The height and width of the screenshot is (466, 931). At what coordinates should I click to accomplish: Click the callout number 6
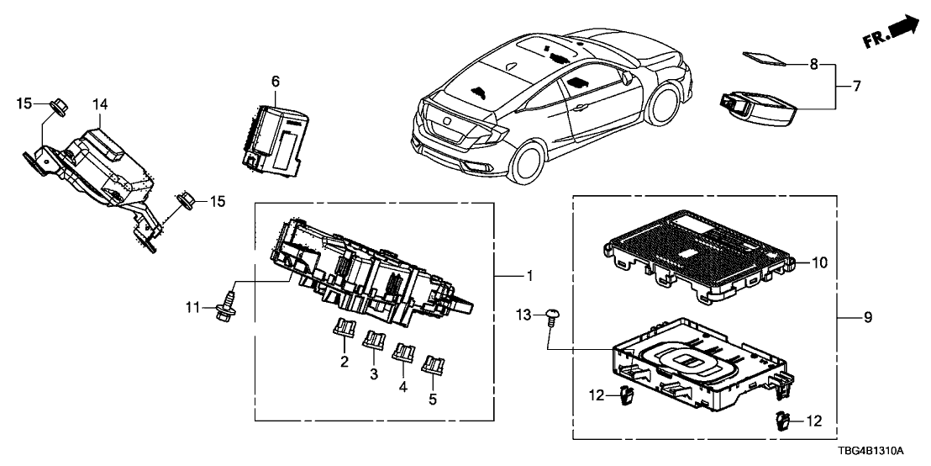(x=275, y=82)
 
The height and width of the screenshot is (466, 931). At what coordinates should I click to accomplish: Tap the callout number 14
(x=101, y=104)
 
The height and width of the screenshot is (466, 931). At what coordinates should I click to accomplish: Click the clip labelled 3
(x=373, y=341)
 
